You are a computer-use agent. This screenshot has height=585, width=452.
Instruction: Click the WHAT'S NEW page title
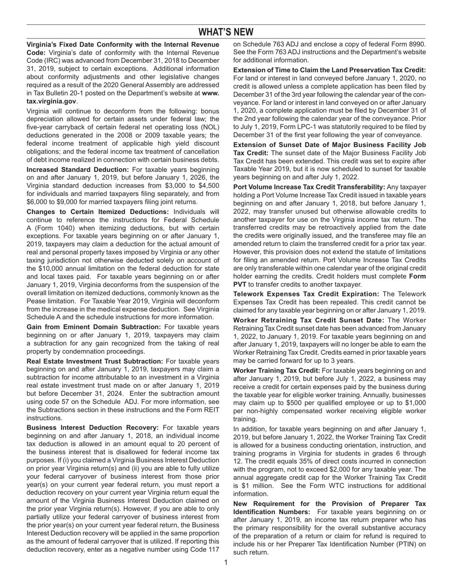226,32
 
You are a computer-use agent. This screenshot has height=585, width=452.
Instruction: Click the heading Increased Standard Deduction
78,169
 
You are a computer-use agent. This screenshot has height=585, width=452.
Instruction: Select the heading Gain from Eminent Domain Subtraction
94,327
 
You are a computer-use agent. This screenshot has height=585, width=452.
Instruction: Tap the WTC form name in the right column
344,486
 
